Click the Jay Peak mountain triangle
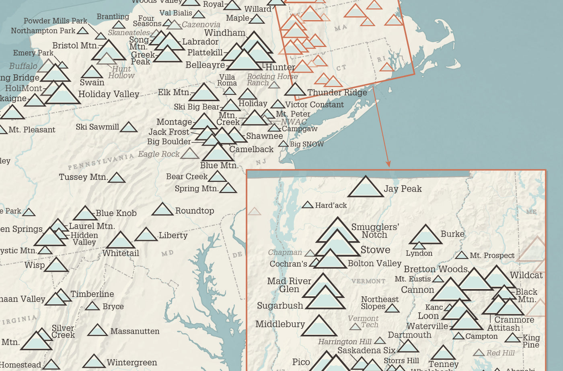tap(365, 188)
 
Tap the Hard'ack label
tap(331, 206)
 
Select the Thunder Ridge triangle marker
tap(295, 90)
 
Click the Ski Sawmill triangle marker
tap(129, 128)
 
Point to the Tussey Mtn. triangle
tap(117, 178)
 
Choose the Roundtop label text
tap(195, 211)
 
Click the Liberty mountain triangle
tap(146, 235)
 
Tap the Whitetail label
tap(121, 253)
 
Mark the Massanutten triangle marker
tap(97, 331)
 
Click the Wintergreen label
tap(132, 363)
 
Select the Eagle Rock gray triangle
tap(189, 154)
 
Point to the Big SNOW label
tap(306, 144)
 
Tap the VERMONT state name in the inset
tap(368, 281)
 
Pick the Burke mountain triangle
tap(425, 236)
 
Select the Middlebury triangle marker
tap(318, 326)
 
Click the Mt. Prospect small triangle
tap(461, 255)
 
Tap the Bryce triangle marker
tap(92, 306)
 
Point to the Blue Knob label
tap(116, 213)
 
